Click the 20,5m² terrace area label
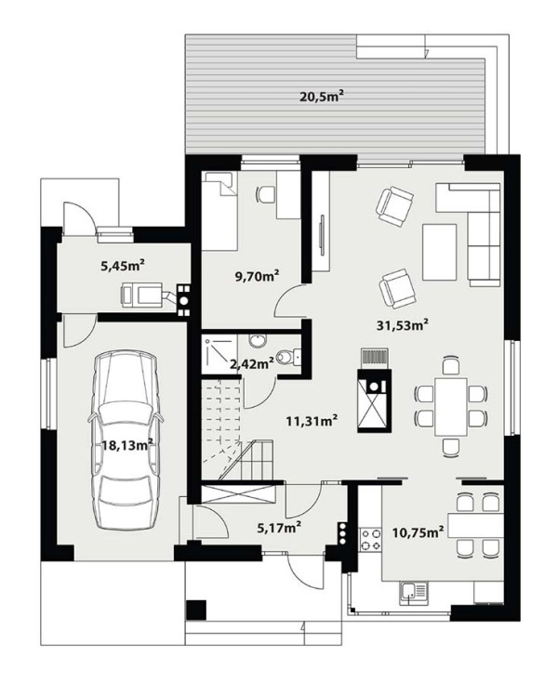(x=319, y=96)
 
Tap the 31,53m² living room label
(x=403, y=324)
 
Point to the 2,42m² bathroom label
(x=252, y=362)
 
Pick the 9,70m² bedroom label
(x=257, y=276)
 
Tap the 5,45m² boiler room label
(x=123, y=266)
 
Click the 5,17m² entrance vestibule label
(x=279, y=528)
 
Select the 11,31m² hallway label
(x=312, y=421)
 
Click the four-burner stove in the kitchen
(x=370, y=539)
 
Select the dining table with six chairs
(x=451, y=406)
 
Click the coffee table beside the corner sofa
(x=440, y=252)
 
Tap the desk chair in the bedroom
(x=266, y=193)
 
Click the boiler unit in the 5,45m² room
(x=141, y=294)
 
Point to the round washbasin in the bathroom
(x=259, y=340)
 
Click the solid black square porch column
(x=196, y=610)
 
